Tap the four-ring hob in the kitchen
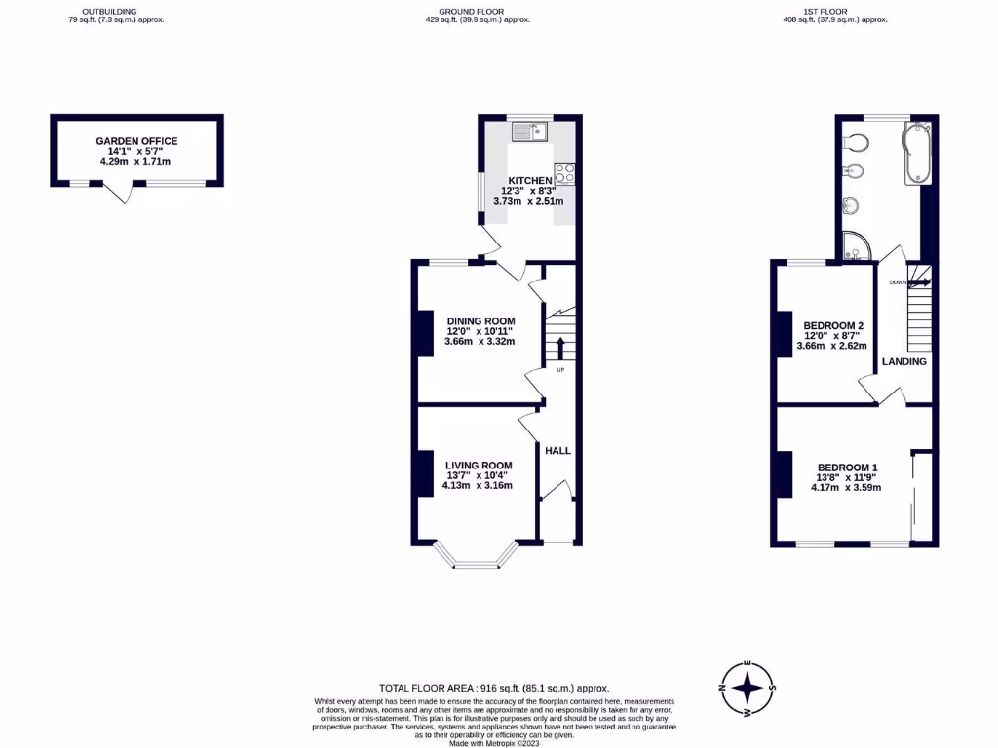click(x=564, y=174)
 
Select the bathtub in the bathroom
click(x=917, y=153)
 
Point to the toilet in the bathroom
click(x=855, y=142)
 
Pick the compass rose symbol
click(x=747, y=689)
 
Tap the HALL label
click(x=557, y=451)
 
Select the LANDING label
click(x=904, y=361)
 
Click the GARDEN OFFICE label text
click(x=136, y=141)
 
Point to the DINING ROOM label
click(x=480, y=321)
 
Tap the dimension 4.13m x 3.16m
click(x=478, y=485)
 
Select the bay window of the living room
click(x=478, y=557)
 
